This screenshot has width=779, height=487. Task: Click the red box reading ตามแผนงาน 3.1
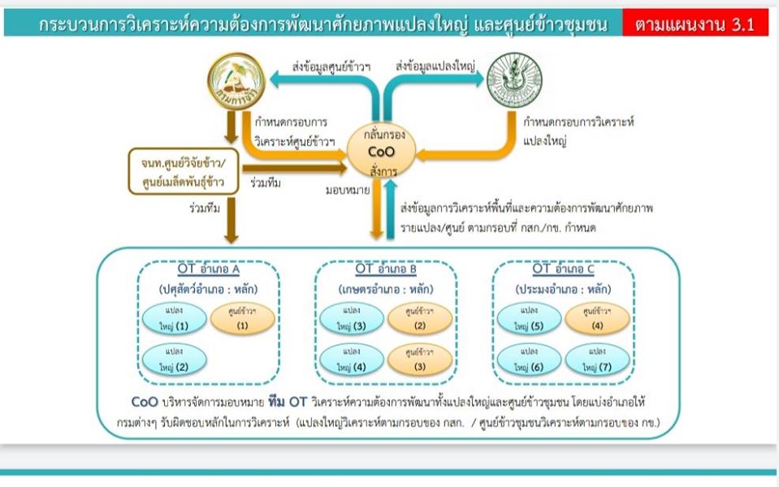[x=695, y=24]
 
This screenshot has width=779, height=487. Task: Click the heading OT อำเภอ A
[x=208, y=269]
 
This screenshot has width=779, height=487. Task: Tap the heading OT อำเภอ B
[x=386, y=269]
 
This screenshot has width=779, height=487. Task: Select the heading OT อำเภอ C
[x=563, y=269]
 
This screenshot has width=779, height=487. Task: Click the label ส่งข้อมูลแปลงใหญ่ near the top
[x=436, y=64]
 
